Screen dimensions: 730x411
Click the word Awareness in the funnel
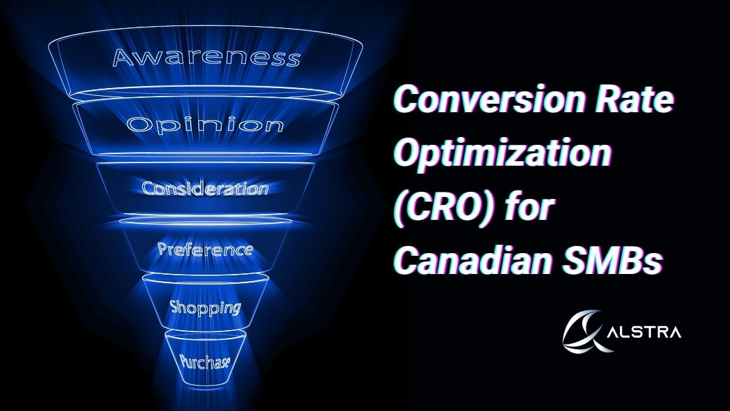[206, 57]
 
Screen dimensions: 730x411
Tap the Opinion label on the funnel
[205, 125]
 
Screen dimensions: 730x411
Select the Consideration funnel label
[205, 189]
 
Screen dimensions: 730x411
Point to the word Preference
[205, 249]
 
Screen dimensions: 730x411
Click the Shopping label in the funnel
[205, 307]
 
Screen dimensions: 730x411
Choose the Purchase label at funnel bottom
[205, 361]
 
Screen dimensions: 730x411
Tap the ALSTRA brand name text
[645, 332]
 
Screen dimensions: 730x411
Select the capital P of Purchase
[184, 359]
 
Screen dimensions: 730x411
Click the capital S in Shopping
[175, 307]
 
